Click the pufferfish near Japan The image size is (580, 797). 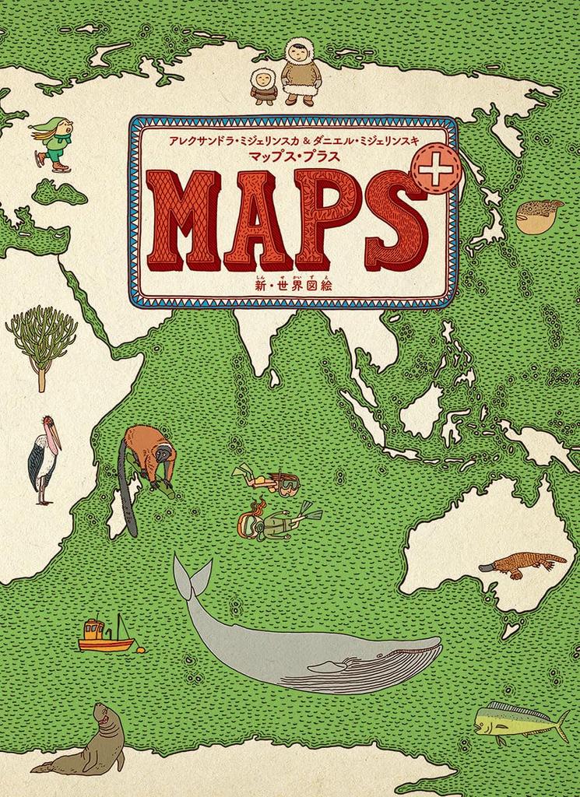click(540, 216)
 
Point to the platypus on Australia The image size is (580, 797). click(522, 564)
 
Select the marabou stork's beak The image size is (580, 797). click(54, 441)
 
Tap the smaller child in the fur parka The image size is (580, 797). click(263, 86)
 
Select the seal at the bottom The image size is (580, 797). click(86, 743)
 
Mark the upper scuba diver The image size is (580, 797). click(269, 479)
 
